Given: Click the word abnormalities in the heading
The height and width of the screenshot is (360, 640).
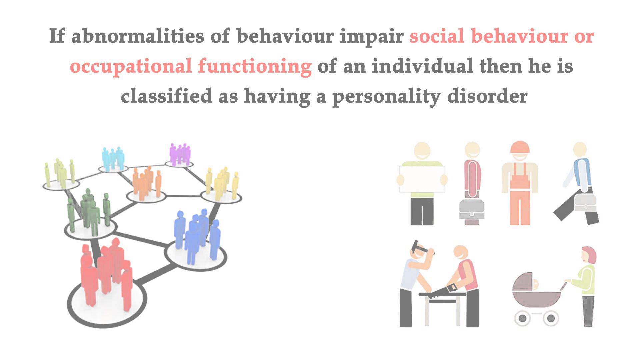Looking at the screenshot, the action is pyautogui.click(x=137, y=36).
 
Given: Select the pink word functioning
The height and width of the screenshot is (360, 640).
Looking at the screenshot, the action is pyautogui.click(x=255, y=67).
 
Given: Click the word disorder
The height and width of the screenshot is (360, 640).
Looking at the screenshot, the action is pyautogui.click(x=487, y=96).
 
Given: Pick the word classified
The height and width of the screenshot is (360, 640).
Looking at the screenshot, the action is pyautogui.click(x=166, y=96).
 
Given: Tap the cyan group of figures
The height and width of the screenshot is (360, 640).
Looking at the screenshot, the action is pyautogui.click(x=113, y=159).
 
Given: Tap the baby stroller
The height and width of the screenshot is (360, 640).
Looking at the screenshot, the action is pyautogui.click(x=537, y=299).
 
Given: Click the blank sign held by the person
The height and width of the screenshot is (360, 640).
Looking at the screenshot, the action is pyautogui.click(x=422, y=179).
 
